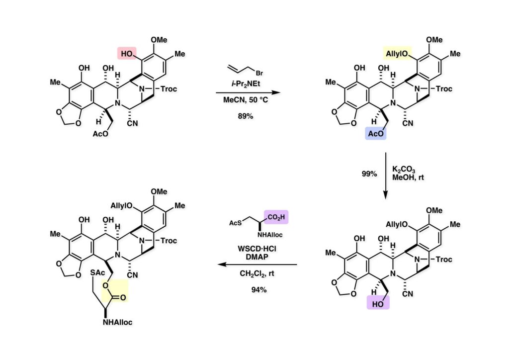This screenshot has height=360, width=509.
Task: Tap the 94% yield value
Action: [258, 290]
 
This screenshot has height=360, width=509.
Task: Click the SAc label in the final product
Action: [98, 274]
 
